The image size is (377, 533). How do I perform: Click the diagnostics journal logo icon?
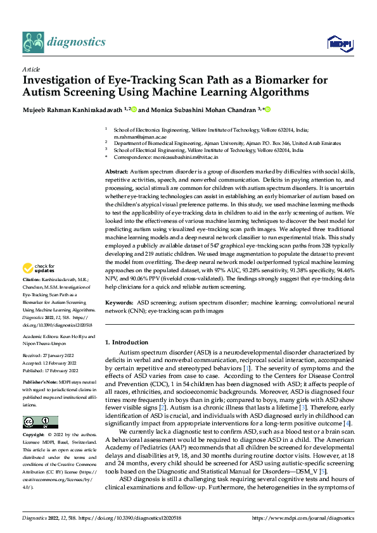[x=33, y=42]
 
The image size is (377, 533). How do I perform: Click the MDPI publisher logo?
[x=339, y=43]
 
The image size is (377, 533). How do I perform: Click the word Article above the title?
[x=31, y=68]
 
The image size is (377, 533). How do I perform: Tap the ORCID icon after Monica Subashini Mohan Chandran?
[x=267, y=110]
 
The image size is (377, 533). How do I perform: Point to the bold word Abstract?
[x=117, y=172]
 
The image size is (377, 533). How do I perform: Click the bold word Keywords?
[x=119, y=303]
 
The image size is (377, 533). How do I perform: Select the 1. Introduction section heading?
[x=127, y=342]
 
